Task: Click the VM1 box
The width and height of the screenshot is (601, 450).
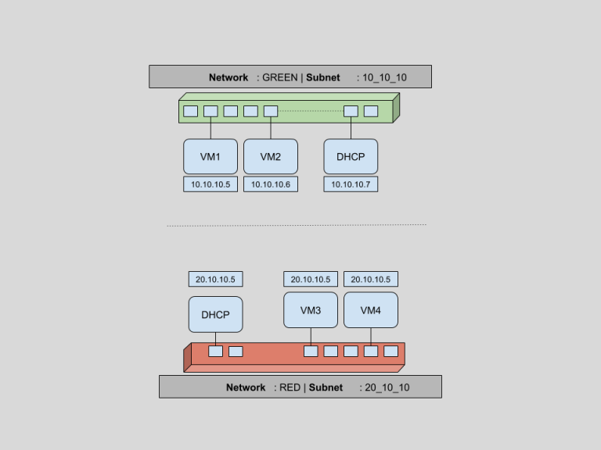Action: tap(211, 156)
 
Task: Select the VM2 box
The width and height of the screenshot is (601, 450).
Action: tap(271, 156)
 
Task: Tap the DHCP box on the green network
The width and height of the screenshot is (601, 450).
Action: tap(351, 156)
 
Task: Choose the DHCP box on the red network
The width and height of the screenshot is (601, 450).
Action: tap(215, 314)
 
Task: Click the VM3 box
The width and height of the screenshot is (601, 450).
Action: tap(311, 310)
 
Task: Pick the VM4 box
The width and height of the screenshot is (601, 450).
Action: tap(371, 310)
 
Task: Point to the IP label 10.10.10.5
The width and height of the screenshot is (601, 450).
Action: tap(211, 184)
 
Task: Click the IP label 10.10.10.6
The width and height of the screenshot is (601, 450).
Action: tap(271, 184)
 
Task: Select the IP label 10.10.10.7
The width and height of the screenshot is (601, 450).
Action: tap(351, 184)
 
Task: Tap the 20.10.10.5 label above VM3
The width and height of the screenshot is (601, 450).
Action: tap(311, 279)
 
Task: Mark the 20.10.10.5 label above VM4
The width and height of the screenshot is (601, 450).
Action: tap(371, 279)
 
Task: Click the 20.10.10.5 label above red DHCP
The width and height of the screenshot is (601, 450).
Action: tap(216, 279)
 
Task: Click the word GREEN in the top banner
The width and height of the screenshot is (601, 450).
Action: tap(279, 77)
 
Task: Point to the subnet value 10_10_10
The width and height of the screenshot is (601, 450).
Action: tap(384, 77)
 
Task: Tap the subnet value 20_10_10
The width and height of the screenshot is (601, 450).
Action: tap(387, 387)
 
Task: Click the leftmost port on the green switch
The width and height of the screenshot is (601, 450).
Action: tap(191, 111)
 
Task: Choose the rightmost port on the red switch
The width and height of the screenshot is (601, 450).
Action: tap(391, 351)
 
